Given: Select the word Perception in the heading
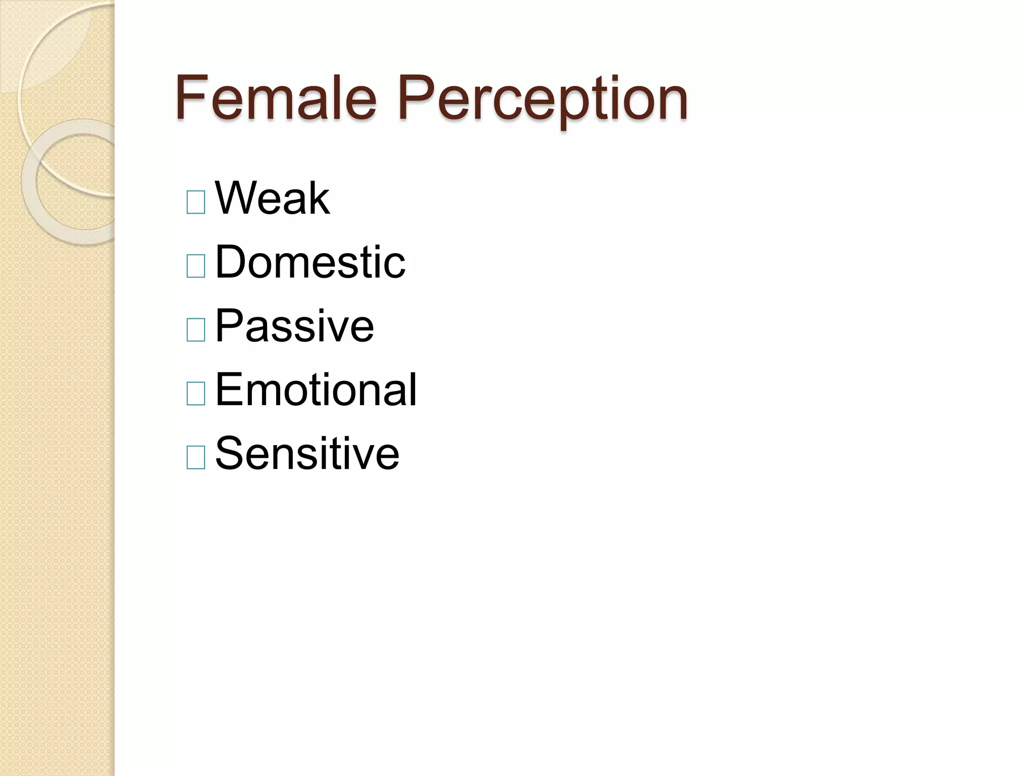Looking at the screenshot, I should click(543, 99).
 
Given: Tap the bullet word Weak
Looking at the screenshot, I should click(273, 198).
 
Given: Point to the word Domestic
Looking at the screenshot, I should click(310, 262).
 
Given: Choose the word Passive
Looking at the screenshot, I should click(294, 326).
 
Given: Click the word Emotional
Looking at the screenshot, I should click(316, 390).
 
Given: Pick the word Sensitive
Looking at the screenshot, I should click(307, 453).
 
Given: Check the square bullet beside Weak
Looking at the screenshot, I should click(196, 202).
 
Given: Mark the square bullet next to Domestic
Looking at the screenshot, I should click(196, 266).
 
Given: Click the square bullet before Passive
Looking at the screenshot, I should click(196, 330).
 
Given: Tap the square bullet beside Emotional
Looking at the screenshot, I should click(196, 394).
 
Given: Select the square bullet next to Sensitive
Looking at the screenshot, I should click(196, 457).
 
